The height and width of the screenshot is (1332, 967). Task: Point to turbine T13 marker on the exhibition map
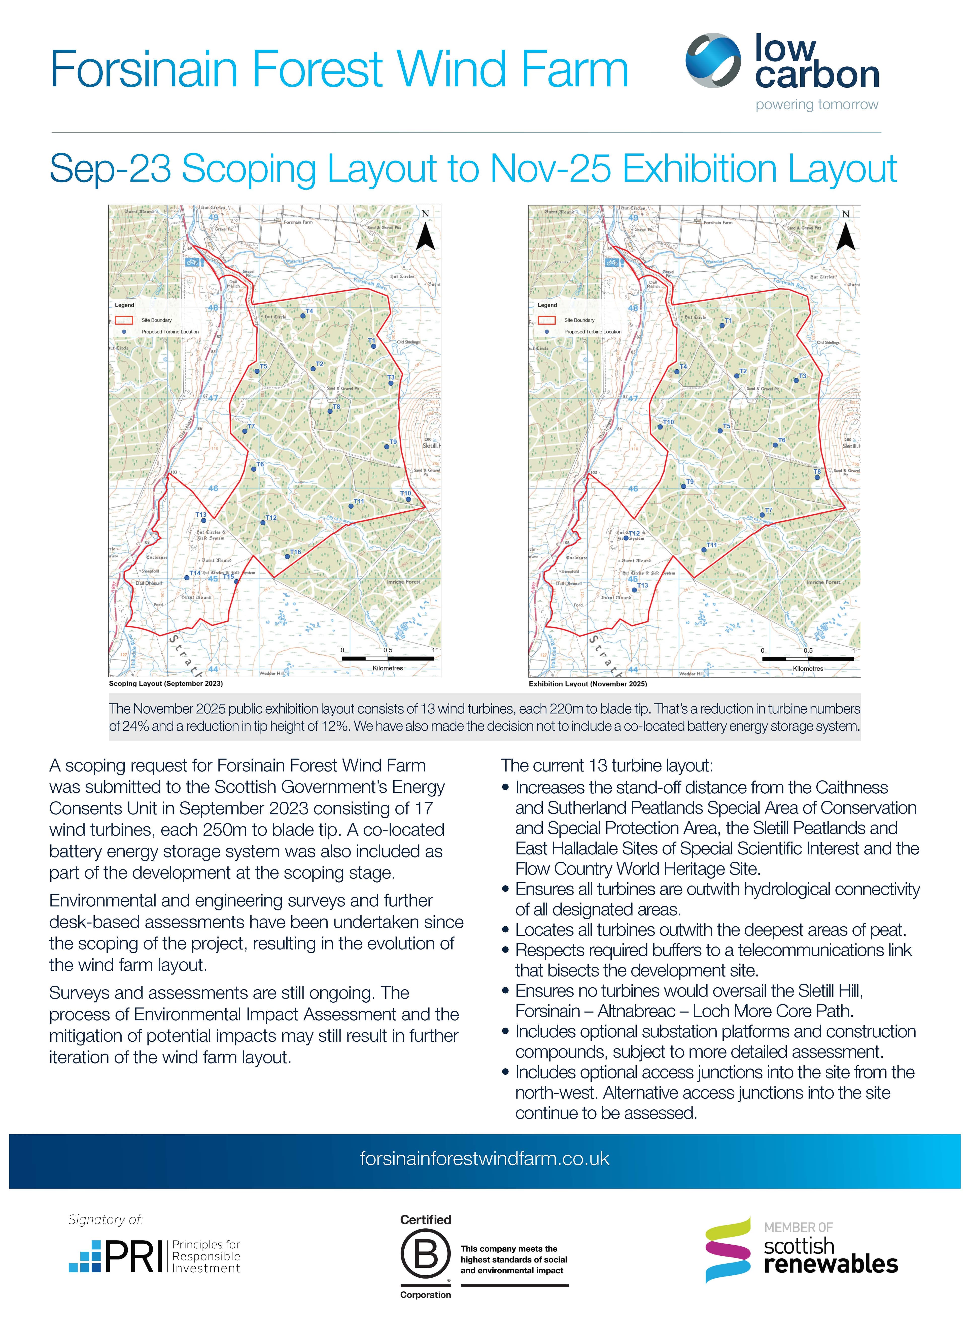click(x=634, y=590)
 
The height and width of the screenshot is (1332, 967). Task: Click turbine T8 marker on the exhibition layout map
click(x=817, y=477)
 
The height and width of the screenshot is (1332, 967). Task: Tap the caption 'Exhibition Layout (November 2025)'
click(x=588, y=684)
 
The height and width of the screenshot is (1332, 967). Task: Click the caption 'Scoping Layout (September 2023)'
click(x=166, y=684)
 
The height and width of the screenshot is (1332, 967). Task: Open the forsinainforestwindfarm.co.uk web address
click(x=485, y=1159)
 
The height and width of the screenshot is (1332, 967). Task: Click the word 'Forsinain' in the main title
click(x=144, y=69)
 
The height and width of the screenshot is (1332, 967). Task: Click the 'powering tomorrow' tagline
click(x=817, y=105)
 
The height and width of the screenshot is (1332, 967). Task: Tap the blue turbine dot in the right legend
click(x=547, y=332)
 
